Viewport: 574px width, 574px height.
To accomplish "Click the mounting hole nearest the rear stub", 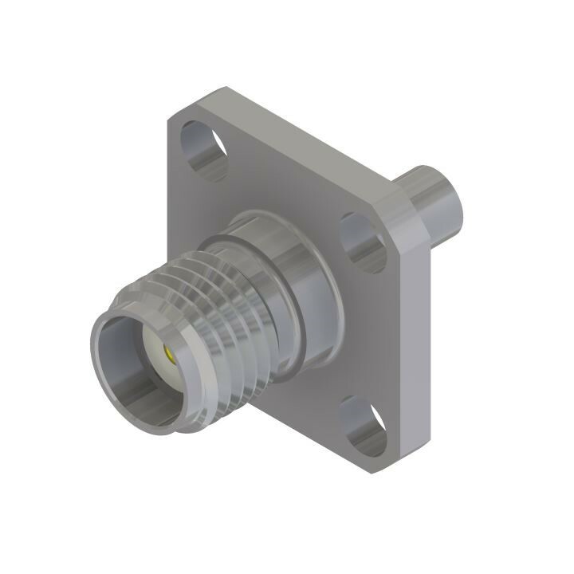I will coord(363,241).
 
